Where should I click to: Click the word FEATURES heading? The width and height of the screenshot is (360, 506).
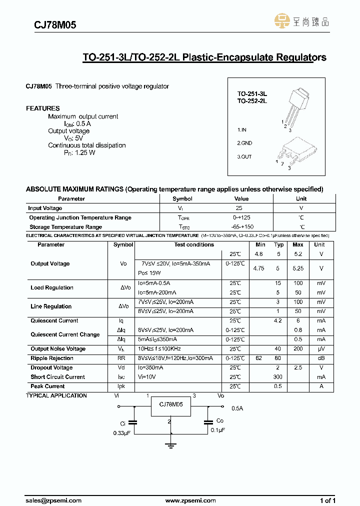[x=42, y=108]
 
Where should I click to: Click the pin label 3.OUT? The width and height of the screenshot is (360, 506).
[x=244, y=157]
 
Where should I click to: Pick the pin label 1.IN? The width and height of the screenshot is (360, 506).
[x=242, y=130]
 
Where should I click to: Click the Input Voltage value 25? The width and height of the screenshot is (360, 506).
[x=239, y=208]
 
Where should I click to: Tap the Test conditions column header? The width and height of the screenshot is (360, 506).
[x=194, y=245]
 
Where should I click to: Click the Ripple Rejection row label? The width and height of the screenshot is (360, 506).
[x=52, y=358]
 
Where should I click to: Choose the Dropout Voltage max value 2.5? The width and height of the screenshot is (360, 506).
[x=298, y=368]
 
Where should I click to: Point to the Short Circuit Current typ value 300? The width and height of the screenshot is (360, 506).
[x=278, y=377]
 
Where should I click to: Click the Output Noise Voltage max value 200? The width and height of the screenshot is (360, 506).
[x=298, y=349]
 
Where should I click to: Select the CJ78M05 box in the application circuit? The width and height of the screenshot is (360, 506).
[x=170, y=405]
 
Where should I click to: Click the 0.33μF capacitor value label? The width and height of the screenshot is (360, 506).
[x=121, y=433]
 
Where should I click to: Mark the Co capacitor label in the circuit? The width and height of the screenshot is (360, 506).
[x=220, y=421]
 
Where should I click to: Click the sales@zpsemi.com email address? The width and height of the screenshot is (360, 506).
[x=52, y=500]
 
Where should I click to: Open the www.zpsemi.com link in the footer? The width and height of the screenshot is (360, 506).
[x=190, y=500]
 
